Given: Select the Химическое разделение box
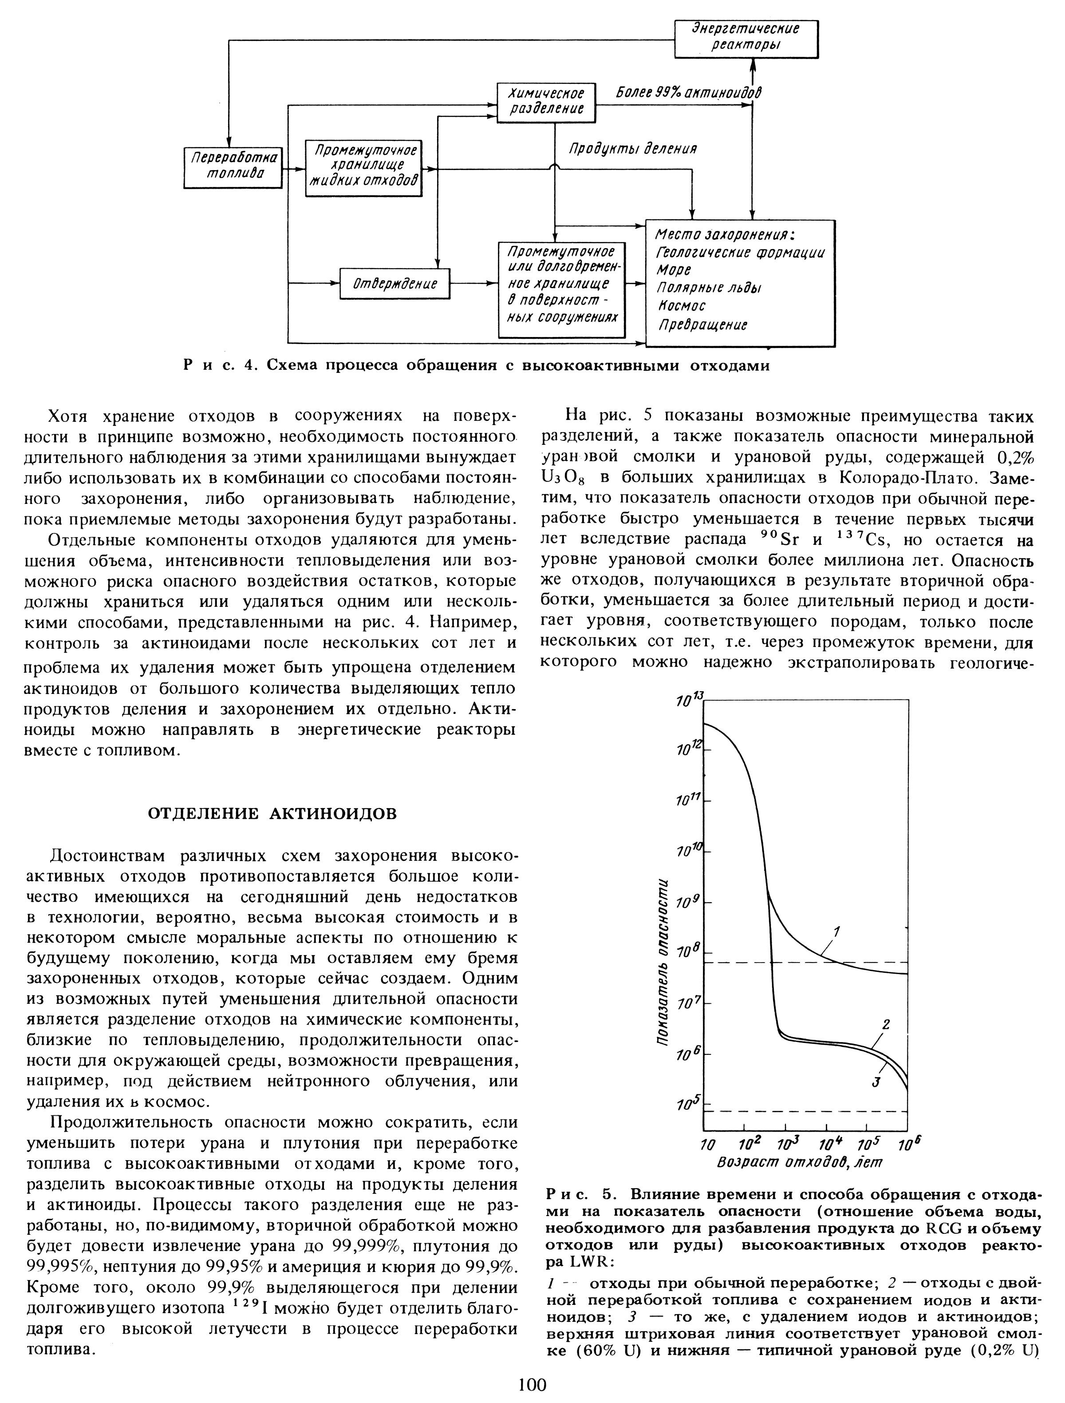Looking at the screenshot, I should click(x=546, y=102).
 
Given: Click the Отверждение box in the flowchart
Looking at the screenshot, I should click(x=394, y=284).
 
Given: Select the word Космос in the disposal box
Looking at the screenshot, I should click(x=682, y=306).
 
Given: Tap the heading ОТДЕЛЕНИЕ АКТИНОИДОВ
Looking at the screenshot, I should click(x=272, y=814).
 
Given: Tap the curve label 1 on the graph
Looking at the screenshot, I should click(x=837, y=932).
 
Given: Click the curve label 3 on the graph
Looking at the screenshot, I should click(x=876, y=1083).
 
